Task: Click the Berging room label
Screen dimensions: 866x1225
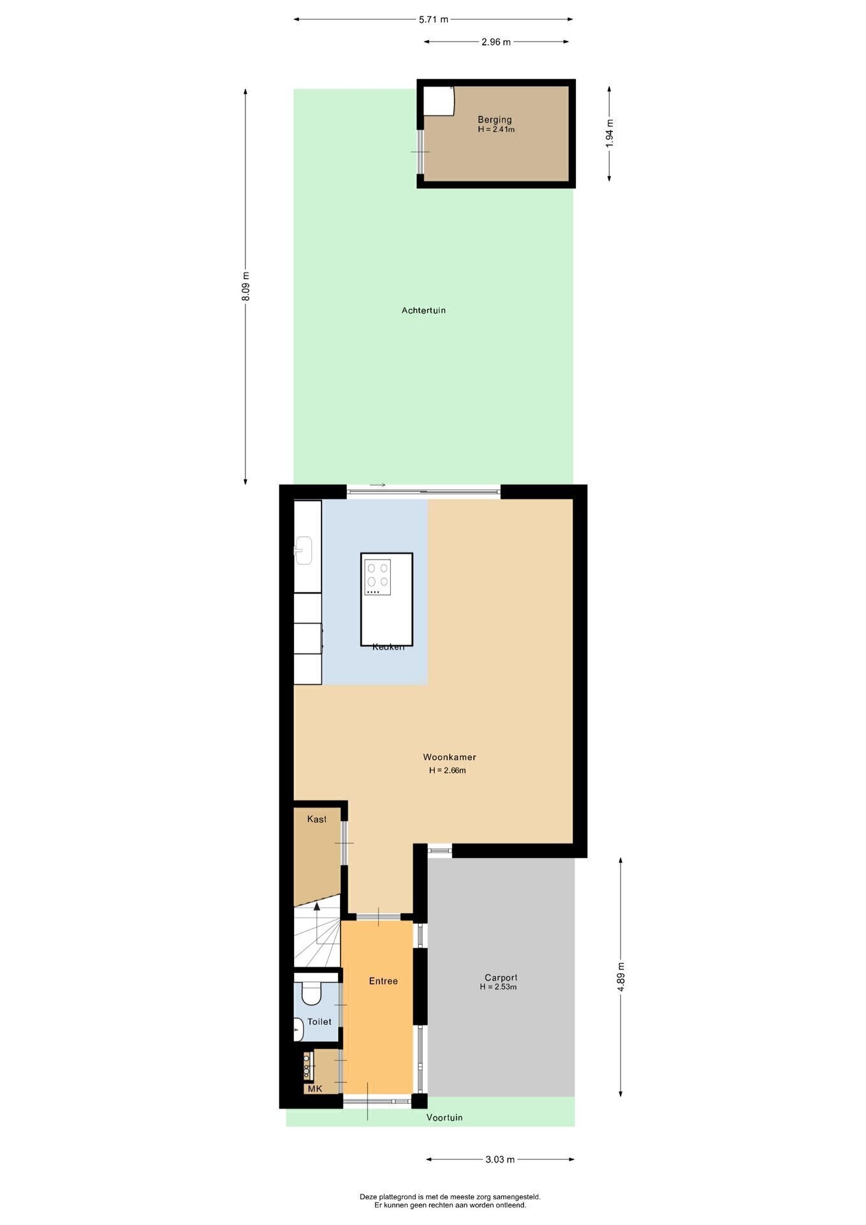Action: coord(495,119)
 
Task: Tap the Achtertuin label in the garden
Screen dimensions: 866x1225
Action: coord(423,311)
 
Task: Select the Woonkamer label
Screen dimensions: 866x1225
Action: coord(450,757)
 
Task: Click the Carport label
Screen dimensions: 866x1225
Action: coord(501,977)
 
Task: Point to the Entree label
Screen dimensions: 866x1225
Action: coord(383,981)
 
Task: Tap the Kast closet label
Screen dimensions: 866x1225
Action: coord(317,819)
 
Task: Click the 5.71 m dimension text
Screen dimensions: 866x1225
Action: coord(434,19)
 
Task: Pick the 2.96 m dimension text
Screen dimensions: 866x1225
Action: coord(496,42)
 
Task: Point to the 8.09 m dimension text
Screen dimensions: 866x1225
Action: coord(246,286)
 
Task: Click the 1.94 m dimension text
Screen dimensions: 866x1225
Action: coord(610,134)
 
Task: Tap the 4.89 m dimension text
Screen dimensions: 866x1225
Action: coord(621,977)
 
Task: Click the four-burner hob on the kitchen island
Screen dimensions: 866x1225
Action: coord(378,577)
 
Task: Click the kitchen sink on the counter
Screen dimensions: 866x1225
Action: coord(303,550)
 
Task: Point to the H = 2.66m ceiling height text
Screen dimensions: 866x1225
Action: coord(448,770)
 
